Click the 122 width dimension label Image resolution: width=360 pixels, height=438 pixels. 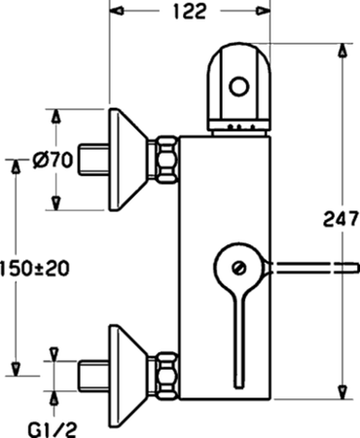tap(190, 12)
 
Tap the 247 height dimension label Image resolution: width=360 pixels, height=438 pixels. tap(341, 219)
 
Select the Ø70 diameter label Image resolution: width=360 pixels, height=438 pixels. tap(53, 161)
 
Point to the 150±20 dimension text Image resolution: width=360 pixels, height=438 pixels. tap(35, 269)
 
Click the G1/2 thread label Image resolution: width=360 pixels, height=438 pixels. tap(53, 430)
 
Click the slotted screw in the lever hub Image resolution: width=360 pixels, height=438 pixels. tap(239, 268)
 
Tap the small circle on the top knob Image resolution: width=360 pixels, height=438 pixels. tap(239, 87)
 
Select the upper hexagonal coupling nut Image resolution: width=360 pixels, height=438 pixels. tap(166, 160)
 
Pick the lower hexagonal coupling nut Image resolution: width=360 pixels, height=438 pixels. tap(166, 376)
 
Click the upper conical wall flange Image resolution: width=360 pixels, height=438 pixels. tap(128, 160)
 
